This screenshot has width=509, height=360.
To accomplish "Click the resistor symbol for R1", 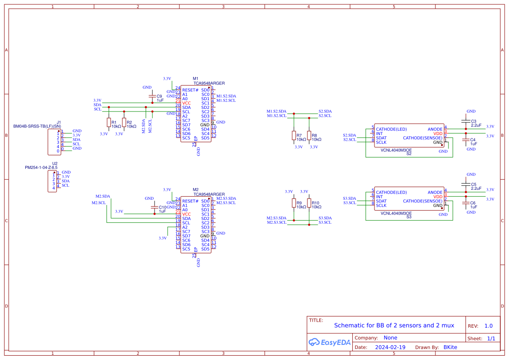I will point(108,123).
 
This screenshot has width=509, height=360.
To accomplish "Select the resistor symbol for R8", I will point(309,135).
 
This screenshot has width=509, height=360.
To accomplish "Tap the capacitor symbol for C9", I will point(152,96).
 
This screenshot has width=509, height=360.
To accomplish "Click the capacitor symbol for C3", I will point(465,121).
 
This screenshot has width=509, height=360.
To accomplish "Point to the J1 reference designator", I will point(59,122).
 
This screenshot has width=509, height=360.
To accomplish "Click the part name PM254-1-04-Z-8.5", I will point(41,167).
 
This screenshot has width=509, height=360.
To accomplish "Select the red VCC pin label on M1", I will point(186,103).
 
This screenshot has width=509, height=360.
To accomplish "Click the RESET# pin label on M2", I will point(190,201).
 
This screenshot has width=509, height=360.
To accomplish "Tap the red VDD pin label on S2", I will point(438,134).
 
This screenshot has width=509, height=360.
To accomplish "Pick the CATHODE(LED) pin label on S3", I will point(391,192).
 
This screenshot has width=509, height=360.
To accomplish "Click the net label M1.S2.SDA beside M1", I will point(226,96).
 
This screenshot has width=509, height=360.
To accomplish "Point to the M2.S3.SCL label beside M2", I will point(226,202).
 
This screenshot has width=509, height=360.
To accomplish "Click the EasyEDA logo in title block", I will point(329,342).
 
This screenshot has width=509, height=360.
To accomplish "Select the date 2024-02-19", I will point(390,347).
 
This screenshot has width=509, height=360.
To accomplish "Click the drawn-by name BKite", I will point(450,347).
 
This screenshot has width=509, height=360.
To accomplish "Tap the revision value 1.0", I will point(488,326).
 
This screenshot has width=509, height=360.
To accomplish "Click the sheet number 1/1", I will point(491,338).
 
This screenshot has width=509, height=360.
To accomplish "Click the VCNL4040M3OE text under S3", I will point(396,213).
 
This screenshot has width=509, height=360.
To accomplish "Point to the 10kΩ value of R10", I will point(317,207).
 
